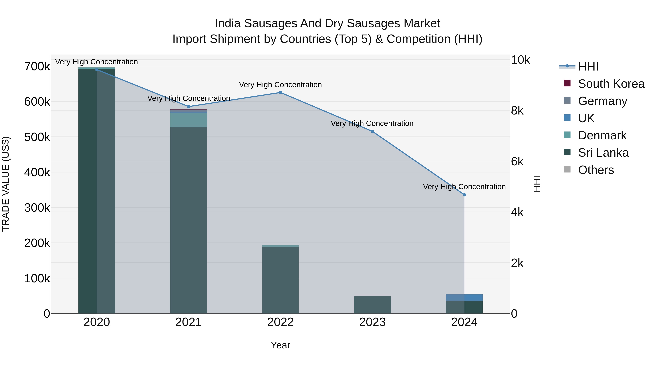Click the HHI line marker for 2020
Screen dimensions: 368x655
(x=97, y=70)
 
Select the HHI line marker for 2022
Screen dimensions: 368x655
(x=280, y=93)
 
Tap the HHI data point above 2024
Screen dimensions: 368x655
(x=464, y=195)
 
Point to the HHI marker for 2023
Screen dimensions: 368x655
(x=372, y=132)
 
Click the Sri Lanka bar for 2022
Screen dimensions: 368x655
(x=280, y=279)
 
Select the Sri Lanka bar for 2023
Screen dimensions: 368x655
(x=372, y=305)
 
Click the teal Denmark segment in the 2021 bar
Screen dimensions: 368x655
(x=188, y=120)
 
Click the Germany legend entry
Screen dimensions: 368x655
(x=602, y=101)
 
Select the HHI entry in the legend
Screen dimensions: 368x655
(x=588, y=67)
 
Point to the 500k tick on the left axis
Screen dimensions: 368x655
(x=37, y=137)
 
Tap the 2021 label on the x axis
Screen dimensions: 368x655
(x=188, y=322)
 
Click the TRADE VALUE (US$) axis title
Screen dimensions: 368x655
(x=6, y=184)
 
